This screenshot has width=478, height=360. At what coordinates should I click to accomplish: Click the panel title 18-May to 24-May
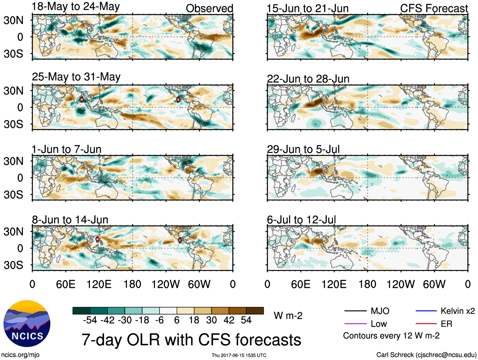(x=76, y=7)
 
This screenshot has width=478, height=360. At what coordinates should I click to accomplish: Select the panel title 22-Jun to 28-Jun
(x=308, y=79)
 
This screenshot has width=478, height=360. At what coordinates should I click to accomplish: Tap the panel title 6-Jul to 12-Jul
(x=301, y=219)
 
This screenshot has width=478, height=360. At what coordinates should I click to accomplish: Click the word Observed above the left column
(x=209, y=9)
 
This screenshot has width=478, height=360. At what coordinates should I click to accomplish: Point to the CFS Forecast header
(x=434, y=9)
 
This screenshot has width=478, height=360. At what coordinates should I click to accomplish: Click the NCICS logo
(x=27, y=323)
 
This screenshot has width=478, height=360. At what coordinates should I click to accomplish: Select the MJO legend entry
(x=380, y=311)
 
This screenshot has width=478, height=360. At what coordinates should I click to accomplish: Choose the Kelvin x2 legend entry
(x=457, y=311)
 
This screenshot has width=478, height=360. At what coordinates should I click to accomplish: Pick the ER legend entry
(x=446, y=324)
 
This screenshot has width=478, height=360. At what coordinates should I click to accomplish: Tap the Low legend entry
(x=379, y=324)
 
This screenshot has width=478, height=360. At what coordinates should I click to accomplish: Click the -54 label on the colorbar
(x=90, y=320)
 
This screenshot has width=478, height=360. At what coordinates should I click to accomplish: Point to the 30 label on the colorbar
(x=211, y=320)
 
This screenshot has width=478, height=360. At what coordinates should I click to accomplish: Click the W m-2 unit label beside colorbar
(x=288, y=316)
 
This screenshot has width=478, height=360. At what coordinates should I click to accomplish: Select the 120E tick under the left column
(x=99, y=284)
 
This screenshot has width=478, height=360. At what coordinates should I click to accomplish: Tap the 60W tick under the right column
(x=434, y=284)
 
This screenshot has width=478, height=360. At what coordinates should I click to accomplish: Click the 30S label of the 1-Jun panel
(x=13, y=194)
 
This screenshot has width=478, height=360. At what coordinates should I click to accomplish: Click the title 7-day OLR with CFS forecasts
(x=191, y=340)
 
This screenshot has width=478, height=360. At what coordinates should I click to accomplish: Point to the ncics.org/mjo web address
(x=20, y=355)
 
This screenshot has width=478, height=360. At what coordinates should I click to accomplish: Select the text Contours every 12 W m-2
(x=391, y=336)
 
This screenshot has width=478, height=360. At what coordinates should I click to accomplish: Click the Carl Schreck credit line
(x=426, y=355)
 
